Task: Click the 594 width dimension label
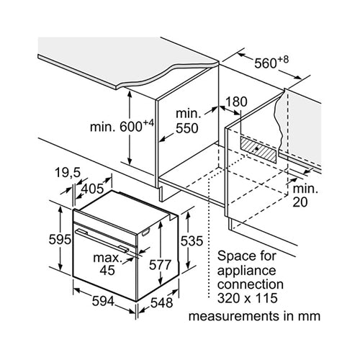point(103,301)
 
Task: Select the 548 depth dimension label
point(161,302)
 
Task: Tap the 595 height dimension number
point(60,239)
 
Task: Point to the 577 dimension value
point(160,265)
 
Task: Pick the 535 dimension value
point(192,241)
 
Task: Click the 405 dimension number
point(92,189)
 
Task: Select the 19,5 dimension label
point(68,173)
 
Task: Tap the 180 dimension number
point(236,102)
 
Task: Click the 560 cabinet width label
point(265,63)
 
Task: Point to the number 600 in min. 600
point(131,127)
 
